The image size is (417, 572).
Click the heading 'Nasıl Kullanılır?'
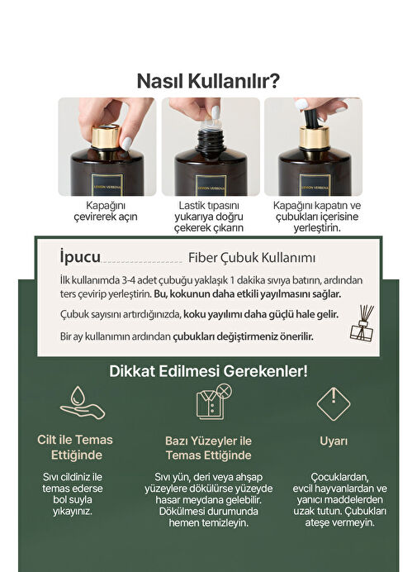point(208,81)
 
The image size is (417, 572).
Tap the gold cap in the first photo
point(106,136)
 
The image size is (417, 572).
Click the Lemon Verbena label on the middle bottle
point(211,186)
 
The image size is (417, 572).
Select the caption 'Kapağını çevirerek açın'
point(106,211)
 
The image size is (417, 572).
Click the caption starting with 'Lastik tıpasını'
point(208,217)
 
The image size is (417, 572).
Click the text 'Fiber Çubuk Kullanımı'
point(252,258)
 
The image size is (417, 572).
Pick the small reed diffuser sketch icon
point(363,323)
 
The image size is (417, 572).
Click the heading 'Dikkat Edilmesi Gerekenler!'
point(208,371)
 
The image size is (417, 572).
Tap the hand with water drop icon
point(83,403)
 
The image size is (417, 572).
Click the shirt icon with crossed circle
point(214,401)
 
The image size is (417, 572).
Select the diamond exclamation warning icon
point(334,404)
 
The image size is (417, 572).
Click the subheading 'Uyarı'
point(334,441)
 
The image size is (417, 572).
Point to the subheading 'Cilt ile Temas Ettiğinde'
point(75,447)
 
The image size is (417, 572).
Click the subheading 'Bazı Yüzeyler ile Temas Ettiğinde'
point(208,448)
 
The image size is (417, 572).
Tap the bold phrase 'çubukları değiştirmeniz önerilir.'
point(243,336)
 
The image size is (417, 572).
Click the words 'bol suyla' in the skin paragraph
point(73,499)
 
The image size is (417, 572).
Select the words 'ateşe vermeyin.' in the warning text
point(334,522)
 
